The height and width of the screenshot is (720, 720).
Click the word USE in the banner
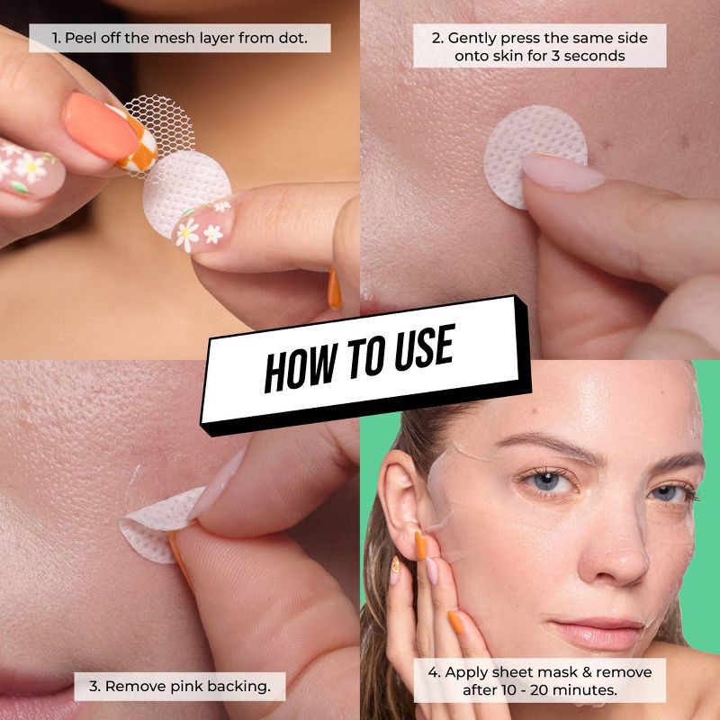click(424, 348)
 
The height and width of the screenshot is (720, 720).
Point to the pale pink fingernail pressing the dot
click(562, 172)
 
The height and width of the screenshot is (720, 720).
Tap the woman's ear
click(400, 501)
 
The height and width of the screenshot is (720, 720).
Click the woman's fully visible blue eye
click(547, 482)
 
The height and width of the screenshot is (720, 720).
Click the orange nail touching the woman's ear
click(420, 546)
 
